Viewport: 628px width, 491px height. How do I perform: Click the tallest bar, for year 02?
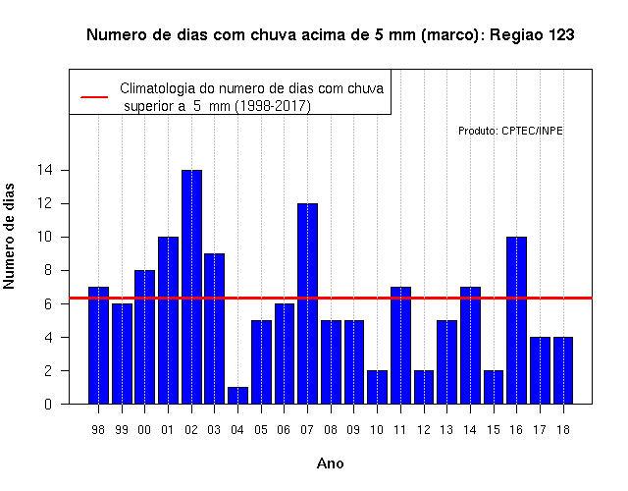tap(191, 287)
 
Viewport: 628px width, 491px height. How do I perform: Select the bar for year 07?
tap(307, 303)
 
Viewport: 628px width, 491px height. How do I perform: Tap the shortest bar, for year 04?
tap(237, 396)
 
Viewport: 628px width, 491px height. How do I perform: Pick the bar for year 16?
tap(517, 321)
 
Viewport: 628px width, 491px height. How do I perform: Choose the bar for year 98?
tap(98, 346)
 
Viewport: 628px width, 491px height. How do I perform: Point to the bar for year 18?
tap(563, 371)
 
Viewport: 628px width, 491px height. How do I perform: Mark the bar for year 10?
tap(377, 387)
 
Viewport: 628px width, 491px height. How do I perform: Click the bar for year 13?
tap(447, 362)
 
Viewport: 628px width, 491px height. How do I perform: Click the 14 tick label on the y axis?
tap(44, 170)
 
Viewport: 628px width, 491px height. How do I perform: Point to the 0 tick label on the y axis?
tap(48, 404)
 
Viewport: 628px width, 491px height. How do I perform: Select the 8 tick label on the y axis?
tap(48, 270)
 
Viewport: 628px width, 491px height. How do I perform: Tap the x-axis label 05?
tap(261, 430)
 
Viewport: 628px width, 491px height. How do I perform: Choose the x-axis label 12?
tap(423, 430)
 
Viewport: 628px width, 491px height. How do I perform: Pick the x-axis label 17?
tap(540, 430)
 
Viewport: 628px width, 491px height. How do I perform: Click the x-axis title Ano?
tap(330, 464)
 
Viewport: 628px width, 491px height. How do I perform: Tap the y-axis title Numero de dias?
tap(9, 236)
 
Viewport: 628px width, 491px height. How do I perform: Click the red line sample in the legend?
tap(94, 97)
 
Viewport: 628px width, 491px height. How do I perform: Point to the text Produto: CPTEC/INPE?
tap(510, 131)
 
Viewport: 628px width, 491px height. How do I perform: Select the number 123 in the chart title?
tap(560, 35)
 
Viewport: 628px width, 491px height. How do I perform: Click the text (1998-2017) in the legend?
tap(273, 106)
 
